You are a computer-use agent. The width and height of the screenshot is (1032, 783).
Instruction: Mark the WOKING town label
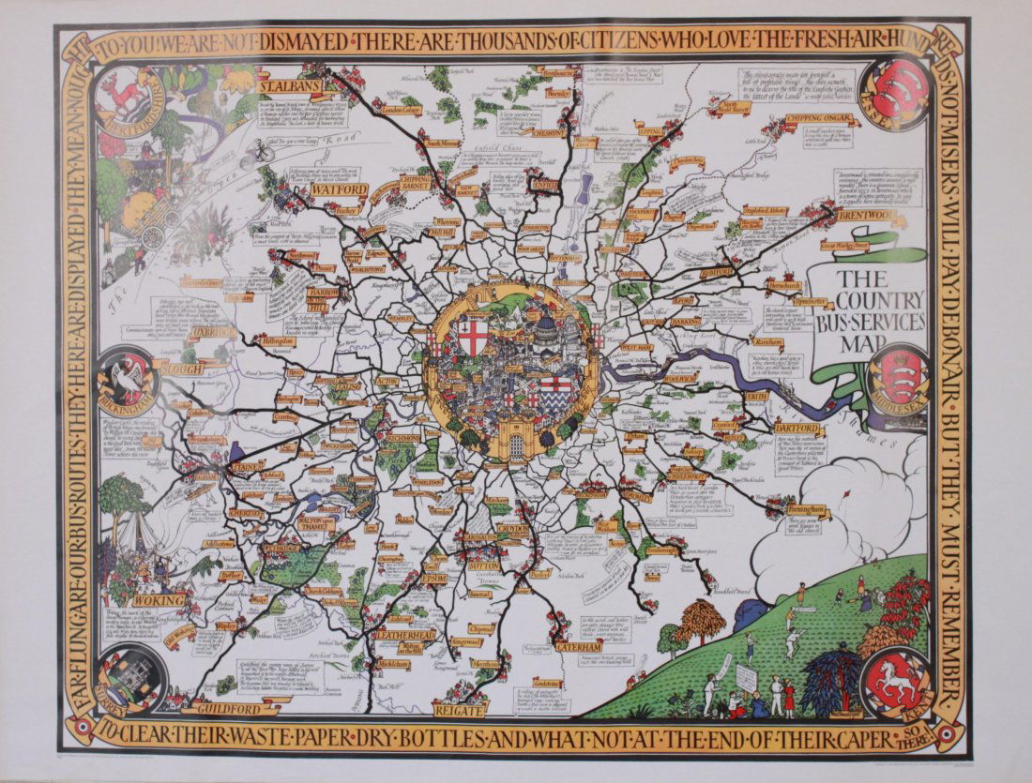point(159,600)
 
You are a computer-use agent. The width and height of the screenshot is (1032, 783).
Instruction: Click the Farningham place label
point(809,510)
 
